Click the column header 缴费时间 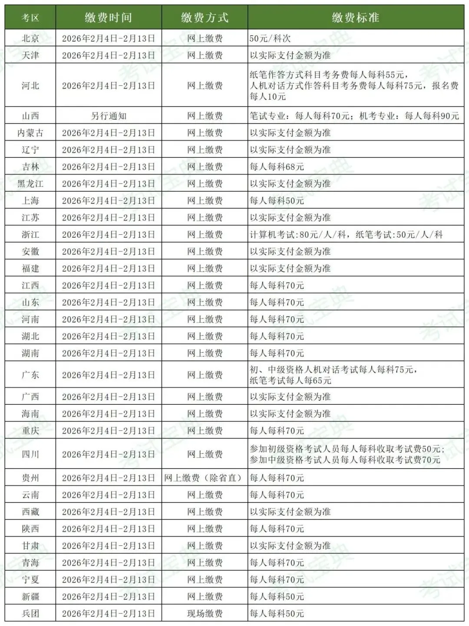click(108, 17)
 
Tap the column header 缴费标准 click(355, 17)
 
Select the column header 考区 click(30, 17)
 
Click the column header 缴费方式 click(205, 17)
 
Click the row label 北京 click(30, 38)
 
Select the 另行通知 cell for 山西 click(109, 116)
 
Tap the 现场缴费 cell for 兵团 click(205, 613)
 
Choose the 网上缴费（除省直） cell click(205, 478)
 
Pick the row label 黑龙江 click(30, 184)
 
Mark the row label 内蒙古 click(30, 133)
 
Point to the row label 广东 click(30, 375)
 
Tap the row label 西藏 click(30, 512)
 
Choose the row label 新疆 click(30, 597)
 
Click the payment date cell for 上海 click(109, 200)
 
